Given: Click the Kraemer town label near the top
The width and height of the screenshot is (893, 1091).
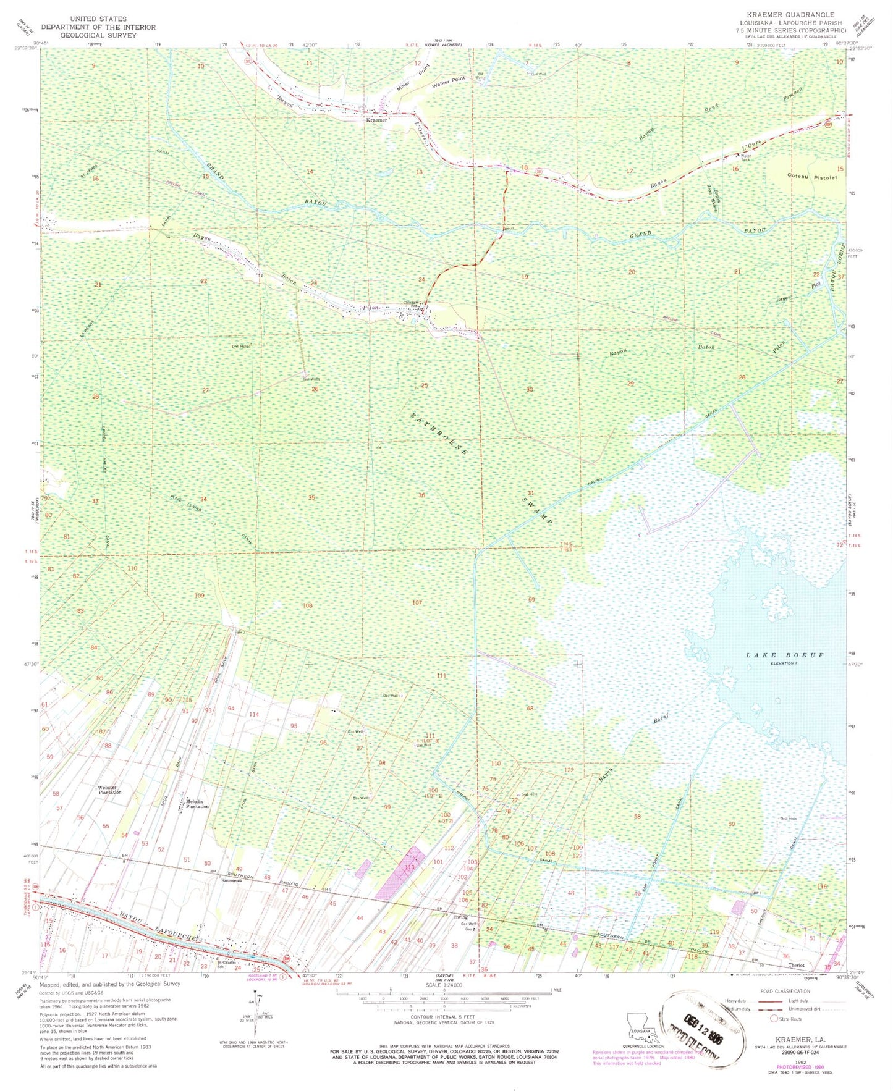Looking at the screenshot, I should pyautogui.click(x=376, y=120).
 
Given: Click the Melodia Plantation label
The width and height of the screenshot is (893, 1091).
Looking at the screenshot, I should pyautogui.click(x=197, y=804).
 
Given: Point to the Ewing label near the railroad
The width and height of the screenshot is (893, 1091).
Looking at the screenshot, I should pyautogui.click(x=460, y=917).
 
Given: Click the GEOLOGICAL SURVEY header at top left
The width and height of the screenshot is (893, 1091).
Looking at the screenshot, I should pyautogui.click(x=99, y=36).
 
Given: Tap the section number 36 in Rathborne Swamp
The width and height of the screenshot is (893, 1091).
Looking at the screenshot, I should pyautogui.click(x=421, y=495).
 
